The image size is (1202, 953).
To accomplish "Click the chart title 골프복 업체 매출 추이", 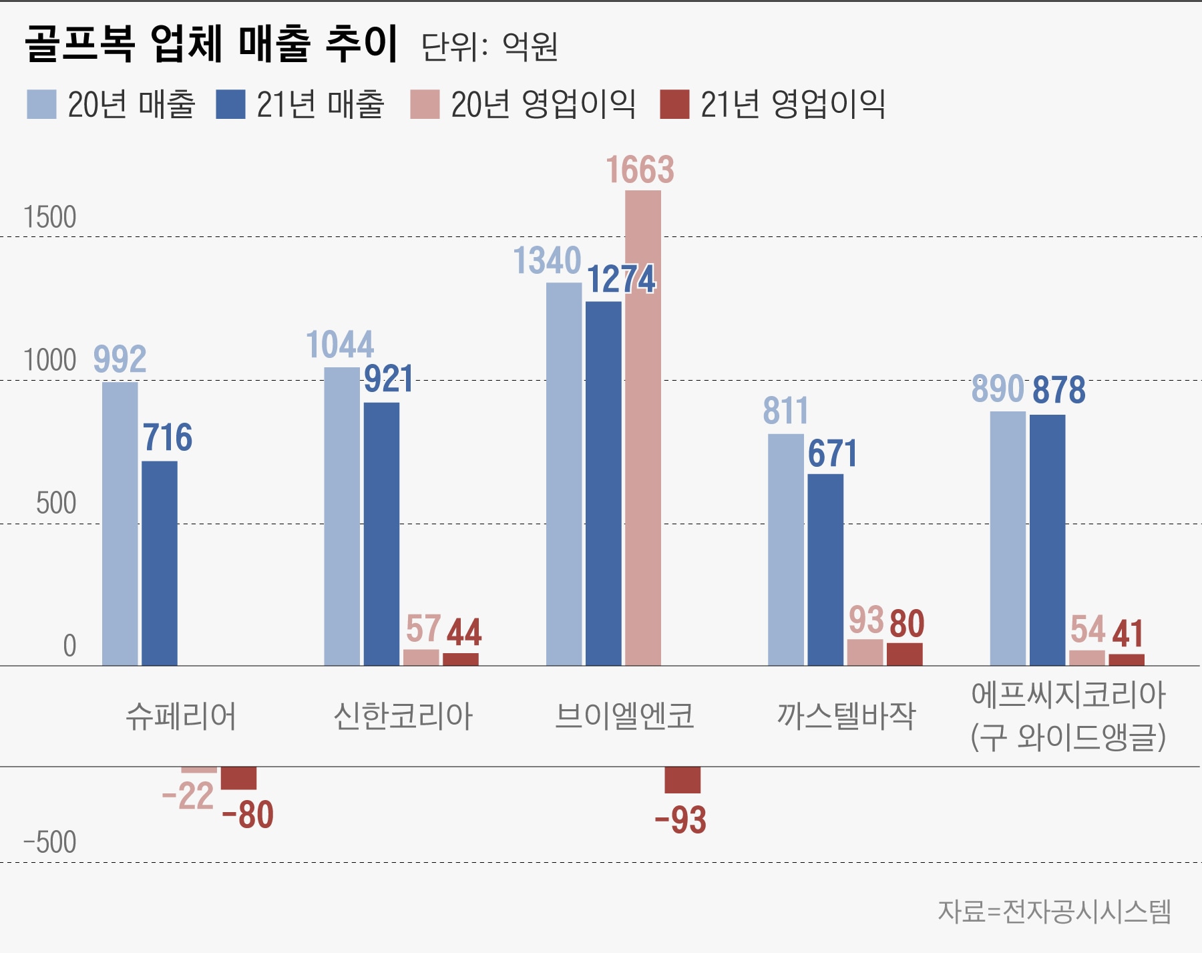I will (x=211, y=44).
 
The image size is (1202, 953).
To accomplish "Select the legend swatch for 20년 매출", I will (x=41, y=104).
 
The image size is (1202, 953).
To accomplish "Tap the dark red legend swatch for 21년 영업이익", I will (x=674, y=104).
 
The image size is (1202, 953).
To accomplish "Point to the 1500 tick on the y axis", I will (x=50, y=218).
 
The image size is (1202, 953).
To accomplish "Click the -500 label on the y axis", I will (x=50, y=843).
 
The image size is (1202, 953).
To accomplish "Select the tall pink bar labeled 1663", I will (x=643, y=427).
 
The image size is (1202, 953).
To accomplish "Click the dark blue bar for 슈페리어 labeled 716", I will (x=160, y=563).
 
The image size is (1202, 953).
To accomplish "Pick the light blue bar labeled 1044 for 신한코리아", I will (x=342, y=516).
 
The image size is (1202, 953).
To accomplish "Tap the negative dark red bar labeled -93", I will (x=682, y=780).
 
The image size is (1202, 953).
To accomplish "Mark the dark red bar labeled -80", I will (x=238, y=778).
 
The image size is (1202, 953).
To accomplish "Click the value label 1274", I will (x=621, y=279).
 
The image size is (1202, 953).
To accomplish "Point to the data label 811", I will (x=785, y=411).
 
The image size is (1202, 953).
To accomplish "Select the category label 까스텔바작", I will (x=846, y=716).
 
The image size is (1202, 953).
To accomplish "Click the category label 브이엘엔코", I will (x=624, y=716).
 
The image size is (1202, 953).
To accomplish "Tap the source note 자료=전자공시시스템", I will (x=1054, y=912).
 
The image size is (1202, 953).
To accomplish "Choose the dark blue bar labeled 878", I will (x=1047, y=540).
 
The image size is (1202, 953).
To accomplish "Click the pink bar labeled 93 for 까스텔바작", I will (x=865, y=652).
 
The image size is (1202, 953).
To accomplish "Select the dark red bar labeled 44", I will (x=461, y=659).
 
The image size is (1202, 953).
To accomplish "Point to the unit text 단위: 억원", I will (x=489, y=47).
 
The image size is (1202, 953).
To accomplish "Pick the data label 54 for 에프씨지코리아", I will (x=1088, y=630).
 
